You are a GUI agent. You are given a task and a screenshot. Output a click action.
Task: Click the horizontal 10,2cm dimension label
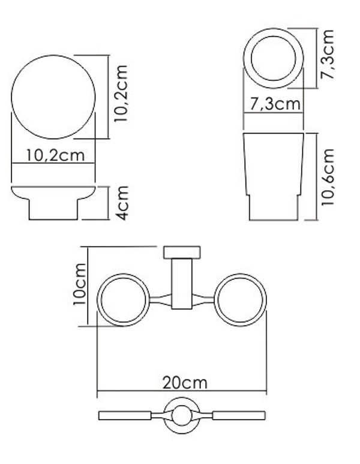click(55, 155)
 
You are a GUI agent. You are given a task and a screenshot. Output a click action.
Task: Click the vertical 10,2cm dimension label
click(121, 94)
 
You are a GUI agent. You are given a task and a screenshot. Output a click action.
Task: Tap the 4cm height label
click(122, 203)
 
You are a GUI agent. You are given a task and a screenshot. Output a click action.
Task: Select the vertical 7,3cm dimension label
click(328, 55)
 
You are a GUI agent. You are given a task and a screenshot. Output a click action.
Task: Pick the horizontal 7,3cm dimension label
click(275, 104)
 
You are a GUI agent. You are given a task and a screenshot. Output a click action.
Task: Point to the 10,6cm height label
click(328, 177)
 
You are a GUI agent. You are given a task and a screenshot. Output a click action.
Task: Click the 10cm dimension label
click(80, 284)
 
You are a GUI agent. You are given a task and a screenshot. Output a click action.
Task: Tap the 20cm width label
click(185, 383)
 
